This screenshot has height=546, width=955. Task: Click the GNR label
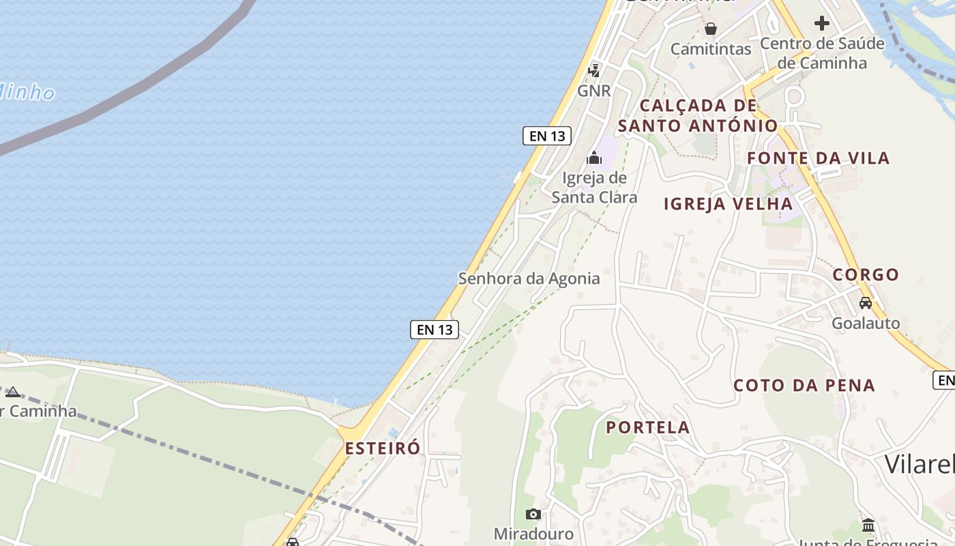(x=593, y=91)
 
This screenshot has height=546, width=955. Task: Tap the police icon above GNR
(x=594, y=70)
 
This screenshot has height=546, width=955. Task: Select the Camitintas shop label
(x=710, y=49)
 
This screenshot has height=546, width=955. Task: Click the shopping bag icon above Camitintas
(x=711, y=29)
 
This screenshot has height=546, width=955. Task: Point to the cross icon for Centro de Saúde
(x=822, y=23)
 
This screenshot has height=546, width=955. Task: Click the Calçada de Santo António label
(x=698, y=115)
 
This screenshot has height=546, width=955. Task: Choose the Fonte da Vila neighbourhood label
(x=818, y=158)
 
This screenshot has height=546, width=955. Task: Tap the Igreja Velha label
(x=729, y=203)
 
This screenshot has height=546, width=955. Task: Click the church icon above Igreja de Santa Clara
(x=594, y=158)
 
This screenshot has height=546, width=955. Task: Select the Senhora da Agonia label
(x=529, y=278)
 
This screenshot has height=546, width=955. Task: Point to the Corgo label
(x=866, y=275)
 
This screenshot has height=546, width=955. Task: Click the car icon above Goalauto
(x=866, y=302)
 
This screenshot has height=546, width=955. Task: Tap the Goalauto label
(x=866, y=324)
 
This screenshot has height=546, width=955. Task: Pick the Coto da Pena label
(x=804, y=386)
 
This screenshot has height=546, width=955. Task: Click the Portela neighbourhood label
(x=648, y=428)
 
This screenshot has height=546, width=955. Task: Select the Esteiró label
(x=383, y=448)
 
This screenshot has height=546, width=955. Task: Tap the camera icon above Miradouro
(x=533, y=514)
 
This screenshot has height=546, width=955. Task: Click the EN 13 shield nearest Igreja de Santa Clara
(x=547, y=136)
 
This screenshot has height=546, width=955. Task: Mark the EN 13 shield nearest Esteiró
(x=435, y=330)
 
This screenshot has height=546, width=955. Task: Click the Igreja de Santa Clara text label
(x=594, y=188)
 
